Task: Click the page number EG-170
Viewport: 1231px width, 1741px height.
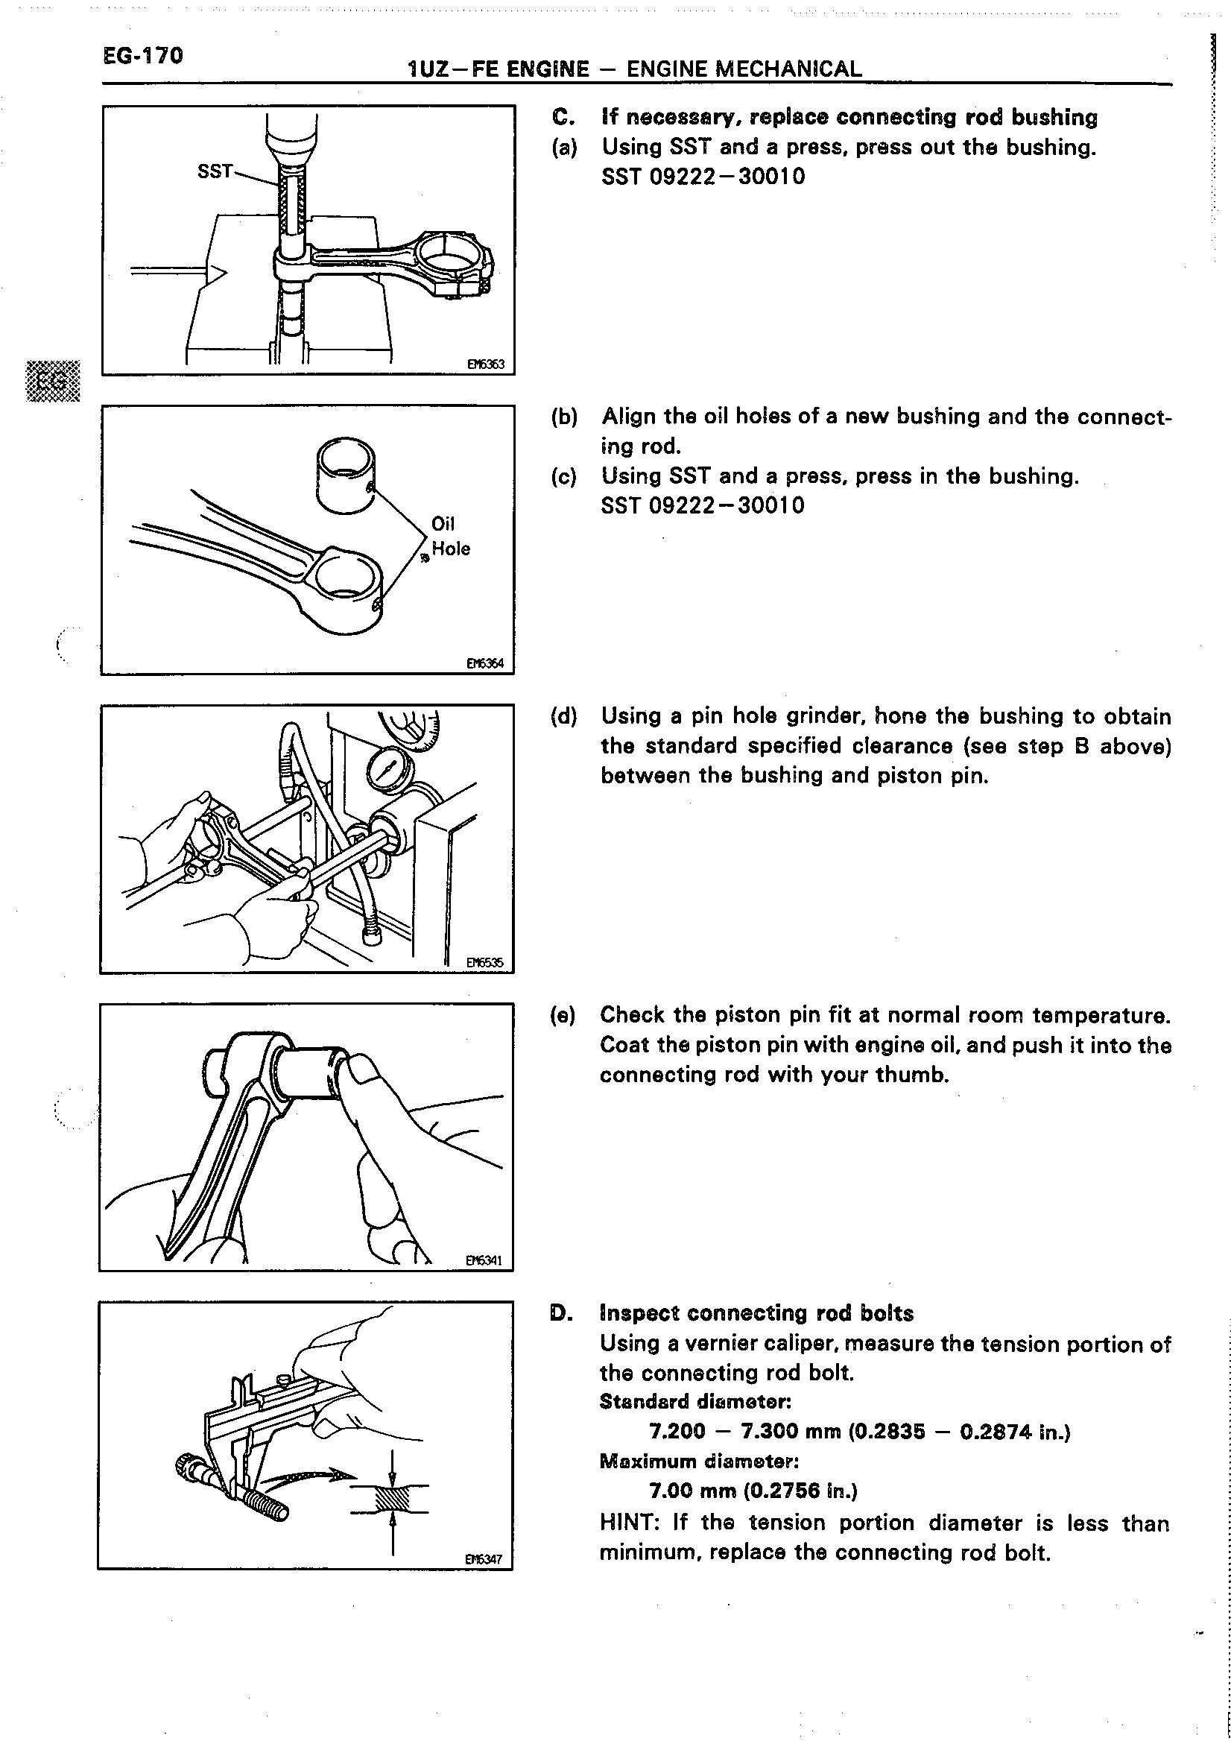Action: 142,56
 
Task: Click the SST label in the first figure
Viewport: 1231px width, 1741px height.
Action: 215,171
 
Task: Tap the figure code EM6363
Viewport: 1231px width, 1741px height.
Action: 485,364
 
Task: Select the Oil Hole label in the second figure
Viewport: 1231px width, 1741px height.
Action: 449,536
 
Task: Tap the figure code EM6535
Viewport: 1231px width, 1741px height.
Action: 484,963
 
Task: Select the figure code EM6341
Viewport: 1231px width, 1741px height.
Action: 484,1261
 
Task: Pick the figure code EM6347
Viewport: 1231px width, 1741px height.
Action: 484,1560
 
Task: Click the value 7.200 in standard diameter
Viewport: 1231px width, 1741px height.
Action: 677,1432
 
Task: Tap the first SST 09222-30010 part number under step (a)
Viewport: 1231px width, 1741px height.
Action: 703,177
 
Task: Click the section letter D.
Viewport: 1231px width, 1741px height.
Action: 559,1313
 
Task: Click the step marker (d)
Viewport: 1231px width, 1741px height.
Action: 564,716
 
